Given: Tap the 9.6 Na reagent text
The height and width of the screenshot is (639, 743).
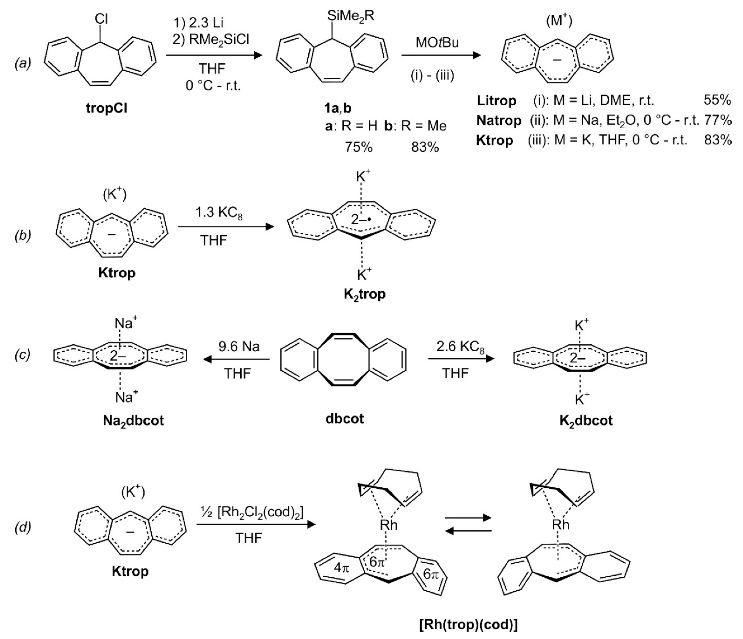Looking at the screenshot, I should (x=239, y=346).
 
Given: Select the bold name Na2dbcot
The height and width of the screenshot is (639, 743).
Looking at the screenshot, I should (x=133, y=420).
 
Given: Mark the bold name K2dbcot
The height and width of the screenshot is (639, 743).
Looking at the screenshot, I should (x=586, y=420).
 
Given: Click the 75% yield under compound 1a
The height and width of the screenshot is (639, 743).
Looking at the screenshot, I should (x=359, y=147).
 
